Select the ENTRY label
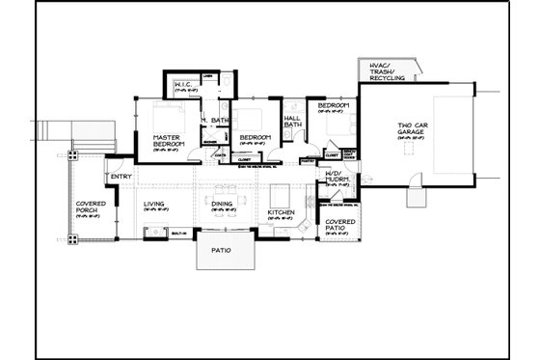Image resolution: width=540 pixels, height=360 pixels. (x=121, y=176)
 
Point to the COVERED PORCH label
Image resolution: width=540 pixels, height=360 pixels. (x=91, y=209)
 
